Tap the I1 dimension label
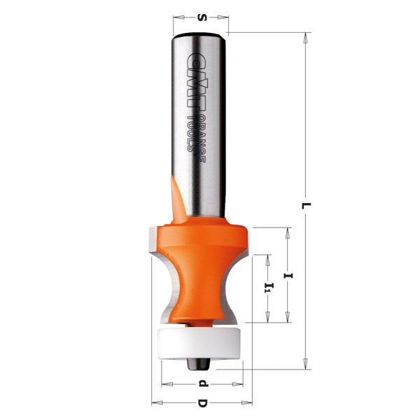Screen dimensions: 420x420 pos(266,288)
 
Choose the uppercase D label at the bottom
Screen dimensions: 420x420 pos(202,404)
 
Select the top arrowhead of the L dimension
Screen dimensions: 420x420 pos(305,36)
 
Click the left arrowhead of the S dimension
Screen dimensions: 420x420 pos(177,15)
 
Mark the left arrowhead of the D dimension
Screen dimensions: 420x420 pos(156,402)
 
